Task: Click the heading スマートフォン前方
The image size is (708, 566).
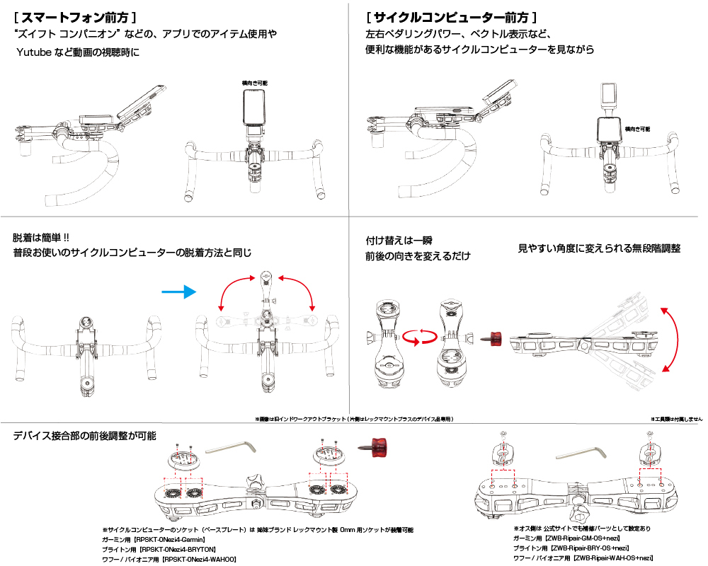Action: (x=75, y=15)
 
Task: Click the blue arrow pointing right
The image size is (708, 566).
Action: (x=176, y=291)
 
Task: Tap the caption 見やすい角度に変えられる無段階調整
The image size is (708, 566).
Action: (x=599, y=248)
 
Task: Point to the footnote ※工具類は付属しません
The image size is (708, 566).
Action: (x=676, y=419)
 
